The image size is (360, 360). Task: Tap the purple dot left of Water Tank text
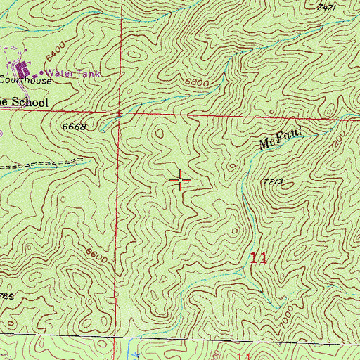(41, 72)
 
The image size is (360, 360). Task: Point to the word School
(29, 103)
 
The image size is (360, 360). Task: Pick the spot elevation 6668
(74, 127)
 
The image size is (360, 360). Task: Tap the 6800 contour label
(199, 82)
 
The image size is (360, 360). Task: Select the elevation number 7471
(326, 6)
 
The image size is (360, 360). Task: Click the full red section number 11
(258, 257)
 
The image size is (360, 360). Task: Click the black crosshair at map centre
(181, 181)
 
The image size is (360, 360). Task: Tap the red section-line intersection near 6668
(120, 112)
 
